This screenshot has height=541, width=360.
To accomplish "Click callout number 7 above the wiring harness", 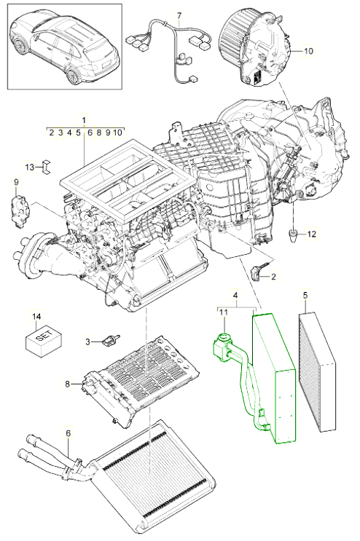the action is [x=179, y=15].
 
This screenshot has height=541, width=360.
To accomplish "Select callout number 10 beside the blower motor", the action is [x=308, y=51].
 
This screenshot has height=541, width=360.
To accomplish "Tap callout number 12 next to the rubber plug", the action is [x=311, y=234].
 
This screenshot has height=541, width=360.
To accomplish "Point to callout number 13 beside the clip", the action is [x=30, y=167].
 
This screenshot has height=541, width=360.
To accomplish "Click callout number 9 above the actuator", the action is [x=16, y=181].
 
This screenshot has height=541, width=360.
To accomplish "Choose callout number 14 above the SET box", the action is [x=36, y=316].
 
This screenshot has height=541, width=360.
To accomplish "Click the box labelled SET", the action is [x=44, y=339].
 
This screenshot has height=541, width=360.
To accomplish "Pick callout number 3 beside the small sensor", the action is [x=87, y=341].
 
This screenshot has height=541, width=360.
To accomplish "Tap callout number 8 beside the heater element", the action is [x=67, y=383].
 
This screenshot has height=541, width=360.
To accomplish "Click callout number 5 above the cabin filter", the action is [x=305, y=296].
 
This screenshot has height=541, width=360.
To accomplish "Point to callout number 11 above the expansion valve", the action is [x=224, y=312].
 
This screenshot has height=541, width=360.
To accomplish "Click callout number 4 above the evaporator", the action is [x=235, y=296].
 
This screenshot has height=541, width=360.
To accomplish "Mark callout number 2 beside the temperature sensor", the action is [x=273, y=277].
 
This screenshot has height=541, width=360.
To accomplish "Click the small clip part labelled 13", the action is [x=46, y=167].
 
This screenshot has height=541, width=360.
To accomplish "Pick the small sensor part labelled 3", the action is [x=111, y=340].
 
